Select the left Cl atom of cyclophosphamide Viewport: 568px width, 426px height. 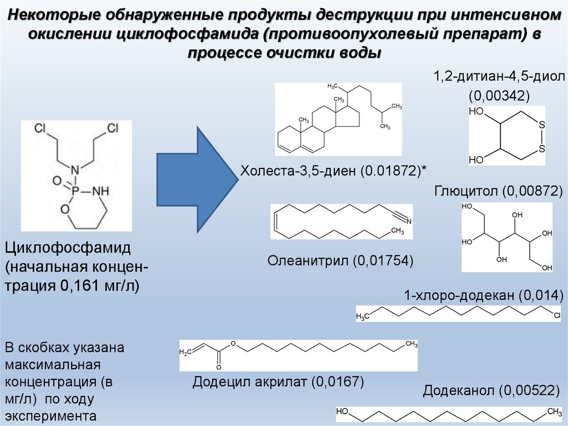(x=40, y=129)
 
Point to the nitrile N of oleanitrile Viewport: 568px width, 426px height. (x=409, y=222)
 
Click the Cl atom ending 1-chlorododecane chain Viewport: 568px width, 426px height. (x=557, y=316)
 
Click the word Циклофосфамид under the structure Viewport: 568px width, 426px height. (x=68, y=248)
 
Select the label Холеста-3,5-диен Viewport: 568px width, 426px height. (x=298, y=170)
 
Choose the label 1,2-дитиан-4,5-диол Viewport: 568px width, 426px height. (x=499, y=77)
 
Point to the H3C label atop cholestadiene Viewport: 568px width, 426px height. (x=333, y=86)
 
